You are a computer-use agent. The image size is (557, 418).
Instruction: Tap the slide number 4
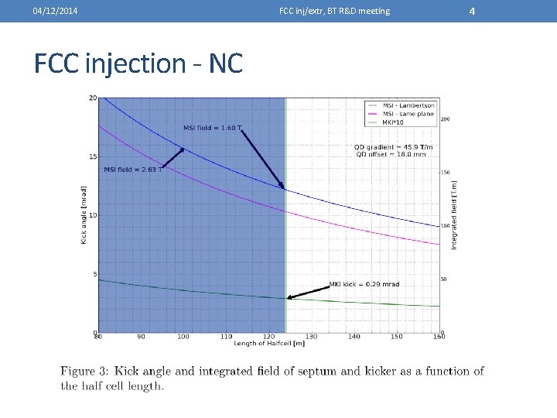tap(473, 10)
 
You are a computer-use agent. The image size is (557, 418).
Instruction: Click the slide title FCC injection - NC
tap(138, 63)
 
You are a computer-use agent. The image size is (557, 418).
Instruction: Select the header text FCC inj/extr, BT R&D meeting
tap(334, 11)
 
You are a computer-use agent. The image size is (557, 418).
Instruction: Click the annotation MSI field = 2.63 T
tap(132, 170)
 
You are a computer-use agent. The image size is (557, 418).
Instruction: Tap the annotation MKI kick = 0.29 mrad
tap(364, 284)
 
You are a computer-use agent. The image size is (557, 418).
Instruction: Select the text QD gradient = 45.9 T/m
tap(393, 147)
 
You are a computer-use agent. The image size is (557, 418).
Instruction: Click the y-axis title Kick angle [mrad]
tap(84, 215)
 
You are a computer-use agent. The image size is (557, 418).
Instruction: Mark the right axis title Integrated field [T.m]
tap(454, 215)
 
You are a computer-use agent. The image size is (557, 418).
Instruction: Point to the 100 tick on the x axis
tap(183, 337)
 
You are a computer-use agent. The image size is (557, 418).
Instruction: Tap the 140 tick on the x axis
tap(354, 337)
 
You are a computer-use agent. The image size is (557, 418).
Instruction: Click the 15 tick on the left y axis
tap(93, 157)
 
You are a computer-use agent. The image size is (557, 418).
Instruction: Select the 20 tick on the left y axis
tap(93, 98)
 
